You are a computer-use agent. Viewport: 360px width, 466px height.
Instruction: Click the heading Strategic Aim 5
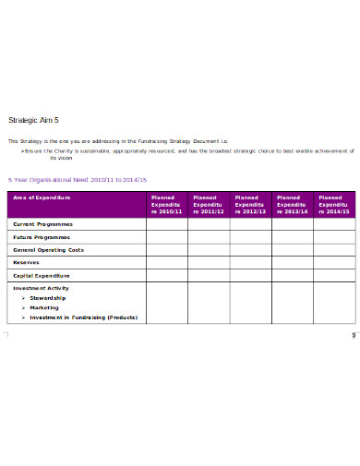pos(33,120)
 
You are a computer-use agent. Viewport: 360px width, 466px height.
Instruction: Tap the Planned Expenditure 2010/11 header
pos(167,204)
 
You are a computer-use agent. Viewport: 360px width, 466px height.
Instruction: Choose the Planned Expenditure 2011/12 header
pos(209,204)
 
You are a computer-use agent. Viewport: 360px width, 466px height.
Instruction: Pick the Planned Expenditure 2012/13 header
pos(251,204)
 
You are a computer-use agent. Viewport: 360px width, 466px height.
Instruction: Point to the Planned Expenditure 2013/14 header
pos(293,204)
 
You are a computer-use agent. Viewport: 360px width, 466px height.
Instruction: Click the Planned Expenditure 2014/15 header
pos(334,204)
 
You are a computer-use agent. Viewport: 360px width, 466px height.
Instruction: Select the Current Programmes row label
pos(42,224)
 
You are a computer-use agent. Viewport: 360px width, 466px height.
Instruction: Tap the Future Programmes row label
pos(42,237)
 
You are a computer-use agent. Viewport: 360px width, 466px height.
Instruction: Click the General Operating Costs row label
pos(49,249)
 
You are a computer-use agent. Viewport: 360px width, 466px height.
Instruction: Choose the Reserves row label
pos(26,262)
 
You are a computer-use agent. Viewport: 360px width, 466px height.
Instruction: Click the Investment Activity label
pos(41,288)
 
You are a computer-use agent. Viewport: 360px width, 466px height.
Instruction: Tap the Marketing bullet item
pos(45,307)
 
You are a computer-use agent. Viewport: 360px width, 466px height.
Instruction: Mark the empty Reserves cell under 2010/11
pos(167,262)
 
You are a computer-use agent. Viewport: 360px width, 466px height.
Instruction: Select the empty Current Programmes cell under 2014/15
pos(334,224)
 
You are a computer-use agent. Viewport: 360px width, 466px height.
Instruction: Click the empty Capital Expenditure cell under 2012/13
pos(251,275)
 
